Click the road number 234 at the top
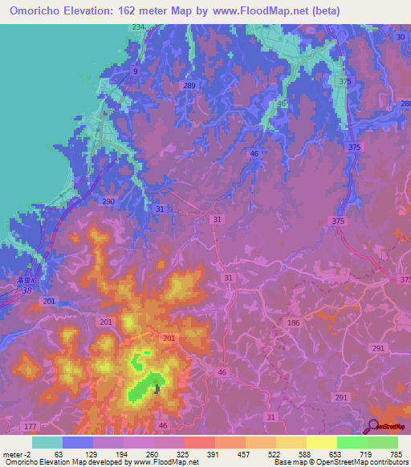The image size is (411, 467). click(x=138, y=27)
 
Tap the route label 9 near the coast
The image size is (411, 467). click(x=136, y=71)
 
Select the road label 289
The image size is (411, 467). click(x=189, y=85)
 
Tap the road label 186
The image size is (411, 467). click(x=293, y=322)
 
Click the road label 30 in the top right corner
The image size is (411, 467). click(x=401, y=38)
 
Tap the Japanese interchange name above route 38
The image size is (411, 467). click(x=29, y=281)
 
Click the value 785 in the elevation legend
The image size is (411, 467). click(x=394, y=455)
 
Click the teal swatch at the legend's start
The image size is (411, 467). click(x=47, y=442)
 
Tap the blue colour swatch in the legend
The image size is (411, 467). click(x=78, y=442)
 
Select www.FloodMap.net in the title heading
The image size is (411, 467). click(x=265, y=10)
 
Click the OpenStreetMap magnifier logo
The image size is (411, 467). click(x=373, y=425)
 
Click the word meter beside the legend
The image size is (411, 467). click(x=13, y=455)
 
